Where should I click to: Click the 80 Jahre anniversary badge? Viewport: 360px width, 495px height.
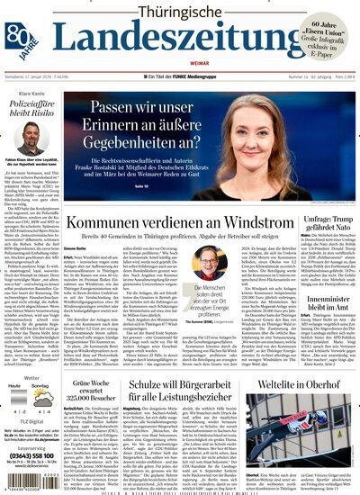15,33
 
